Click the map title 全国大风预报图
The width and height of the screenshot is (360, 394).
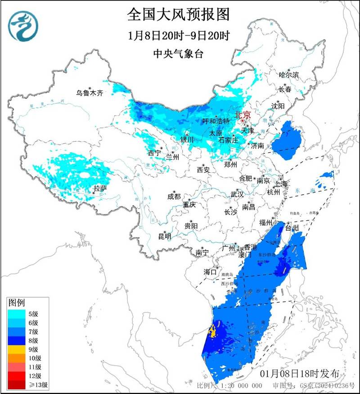(x=179, y=14)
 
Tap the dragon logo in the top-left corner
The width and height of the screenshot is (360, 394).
(x=23, y=26)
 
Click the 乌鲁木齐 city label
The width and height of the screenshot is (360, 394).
(x=90, y=93)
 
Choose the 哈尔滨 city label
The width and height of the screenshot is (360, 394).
(x=289, y=75)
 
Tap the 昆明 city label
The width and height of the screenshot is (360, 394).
(x=165, y=236)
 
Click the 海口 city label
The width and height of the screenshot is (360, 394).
(x=210, y=272)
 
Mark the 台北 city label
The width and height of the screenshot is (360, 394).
(x=292, y=228)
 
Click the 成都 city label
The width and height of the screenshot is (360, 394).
(x=174, y=197)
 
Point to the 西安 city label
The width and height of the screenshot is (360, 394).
(x=203, y=170)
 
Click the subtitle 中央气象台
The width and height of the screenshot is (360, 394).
(x=179, y=54)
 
